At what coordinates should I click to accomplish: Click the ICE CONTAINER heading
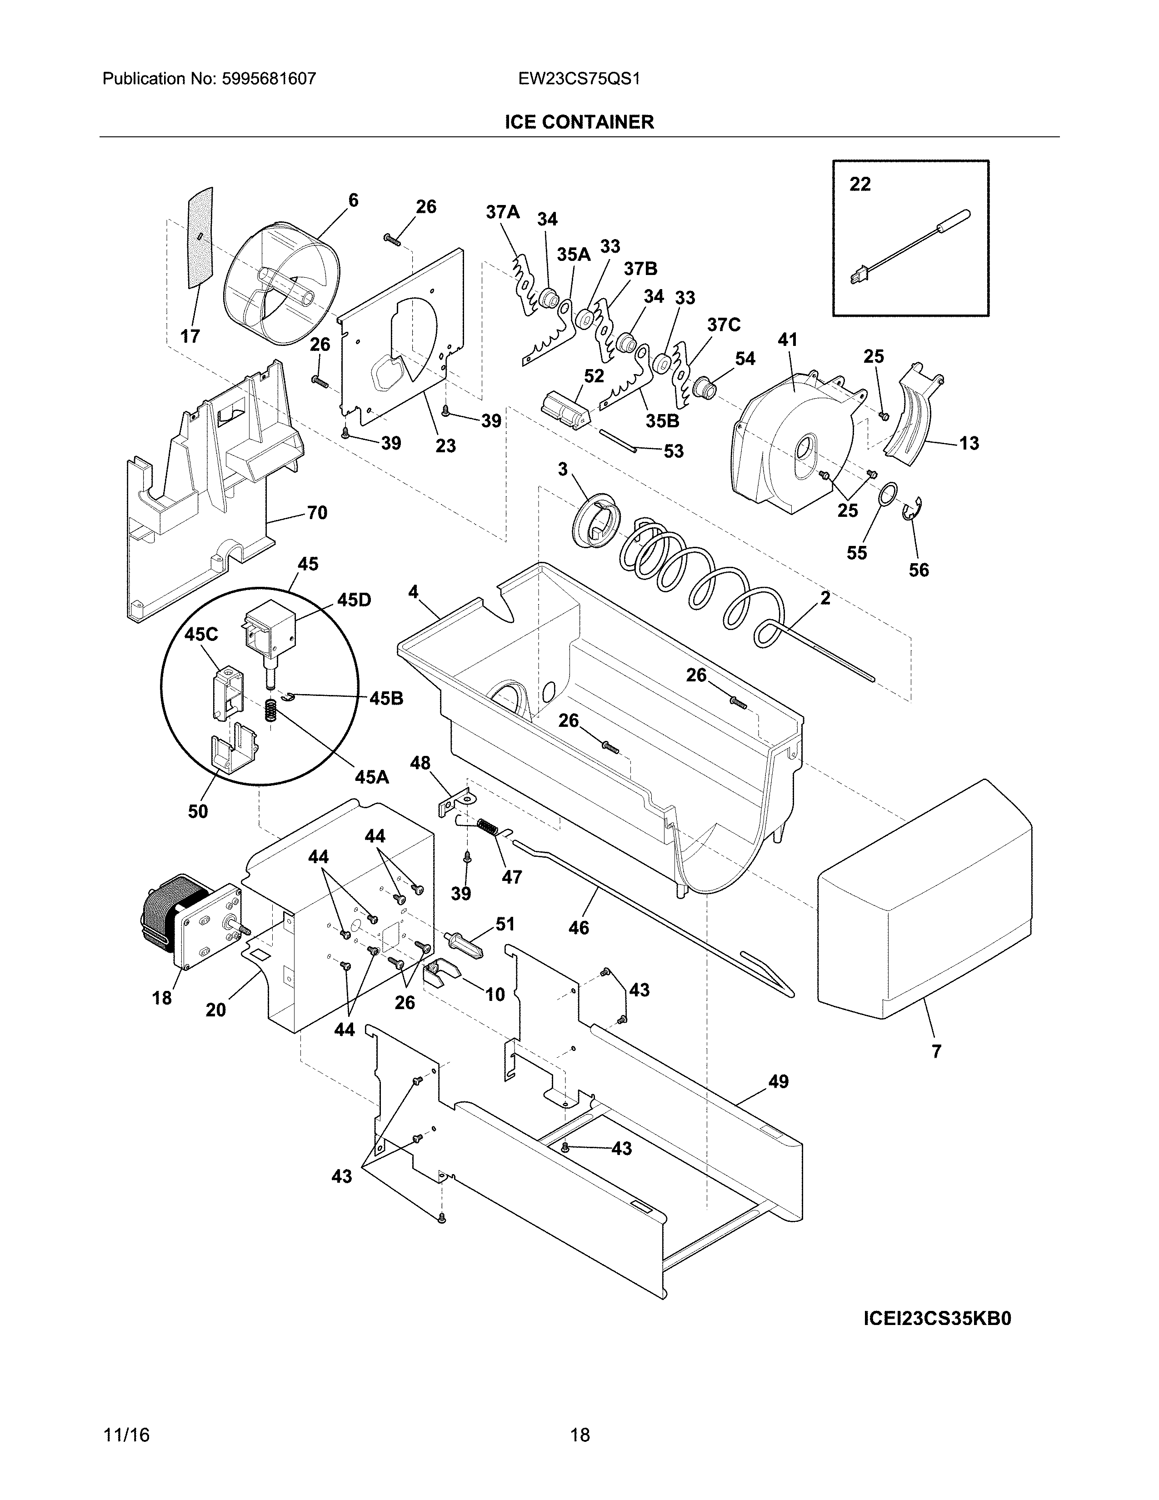tap(579, 122)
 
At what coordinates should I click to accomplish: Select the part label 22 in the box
tap(859, 184)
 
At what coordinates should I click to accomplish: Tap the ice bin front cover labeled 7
tap(924, 900)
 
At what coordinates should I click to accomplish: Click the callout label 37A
tap(503, 212)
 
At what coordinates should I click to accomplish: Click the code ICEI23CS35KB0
tap(937, 1320)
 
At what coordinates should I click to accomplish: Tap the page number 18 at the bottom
tap(579, 1435)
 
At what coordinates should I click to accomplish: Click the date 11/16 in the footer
tap(126, 1435)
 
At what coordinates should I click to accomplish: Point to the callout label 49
tap(778, 1082)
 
